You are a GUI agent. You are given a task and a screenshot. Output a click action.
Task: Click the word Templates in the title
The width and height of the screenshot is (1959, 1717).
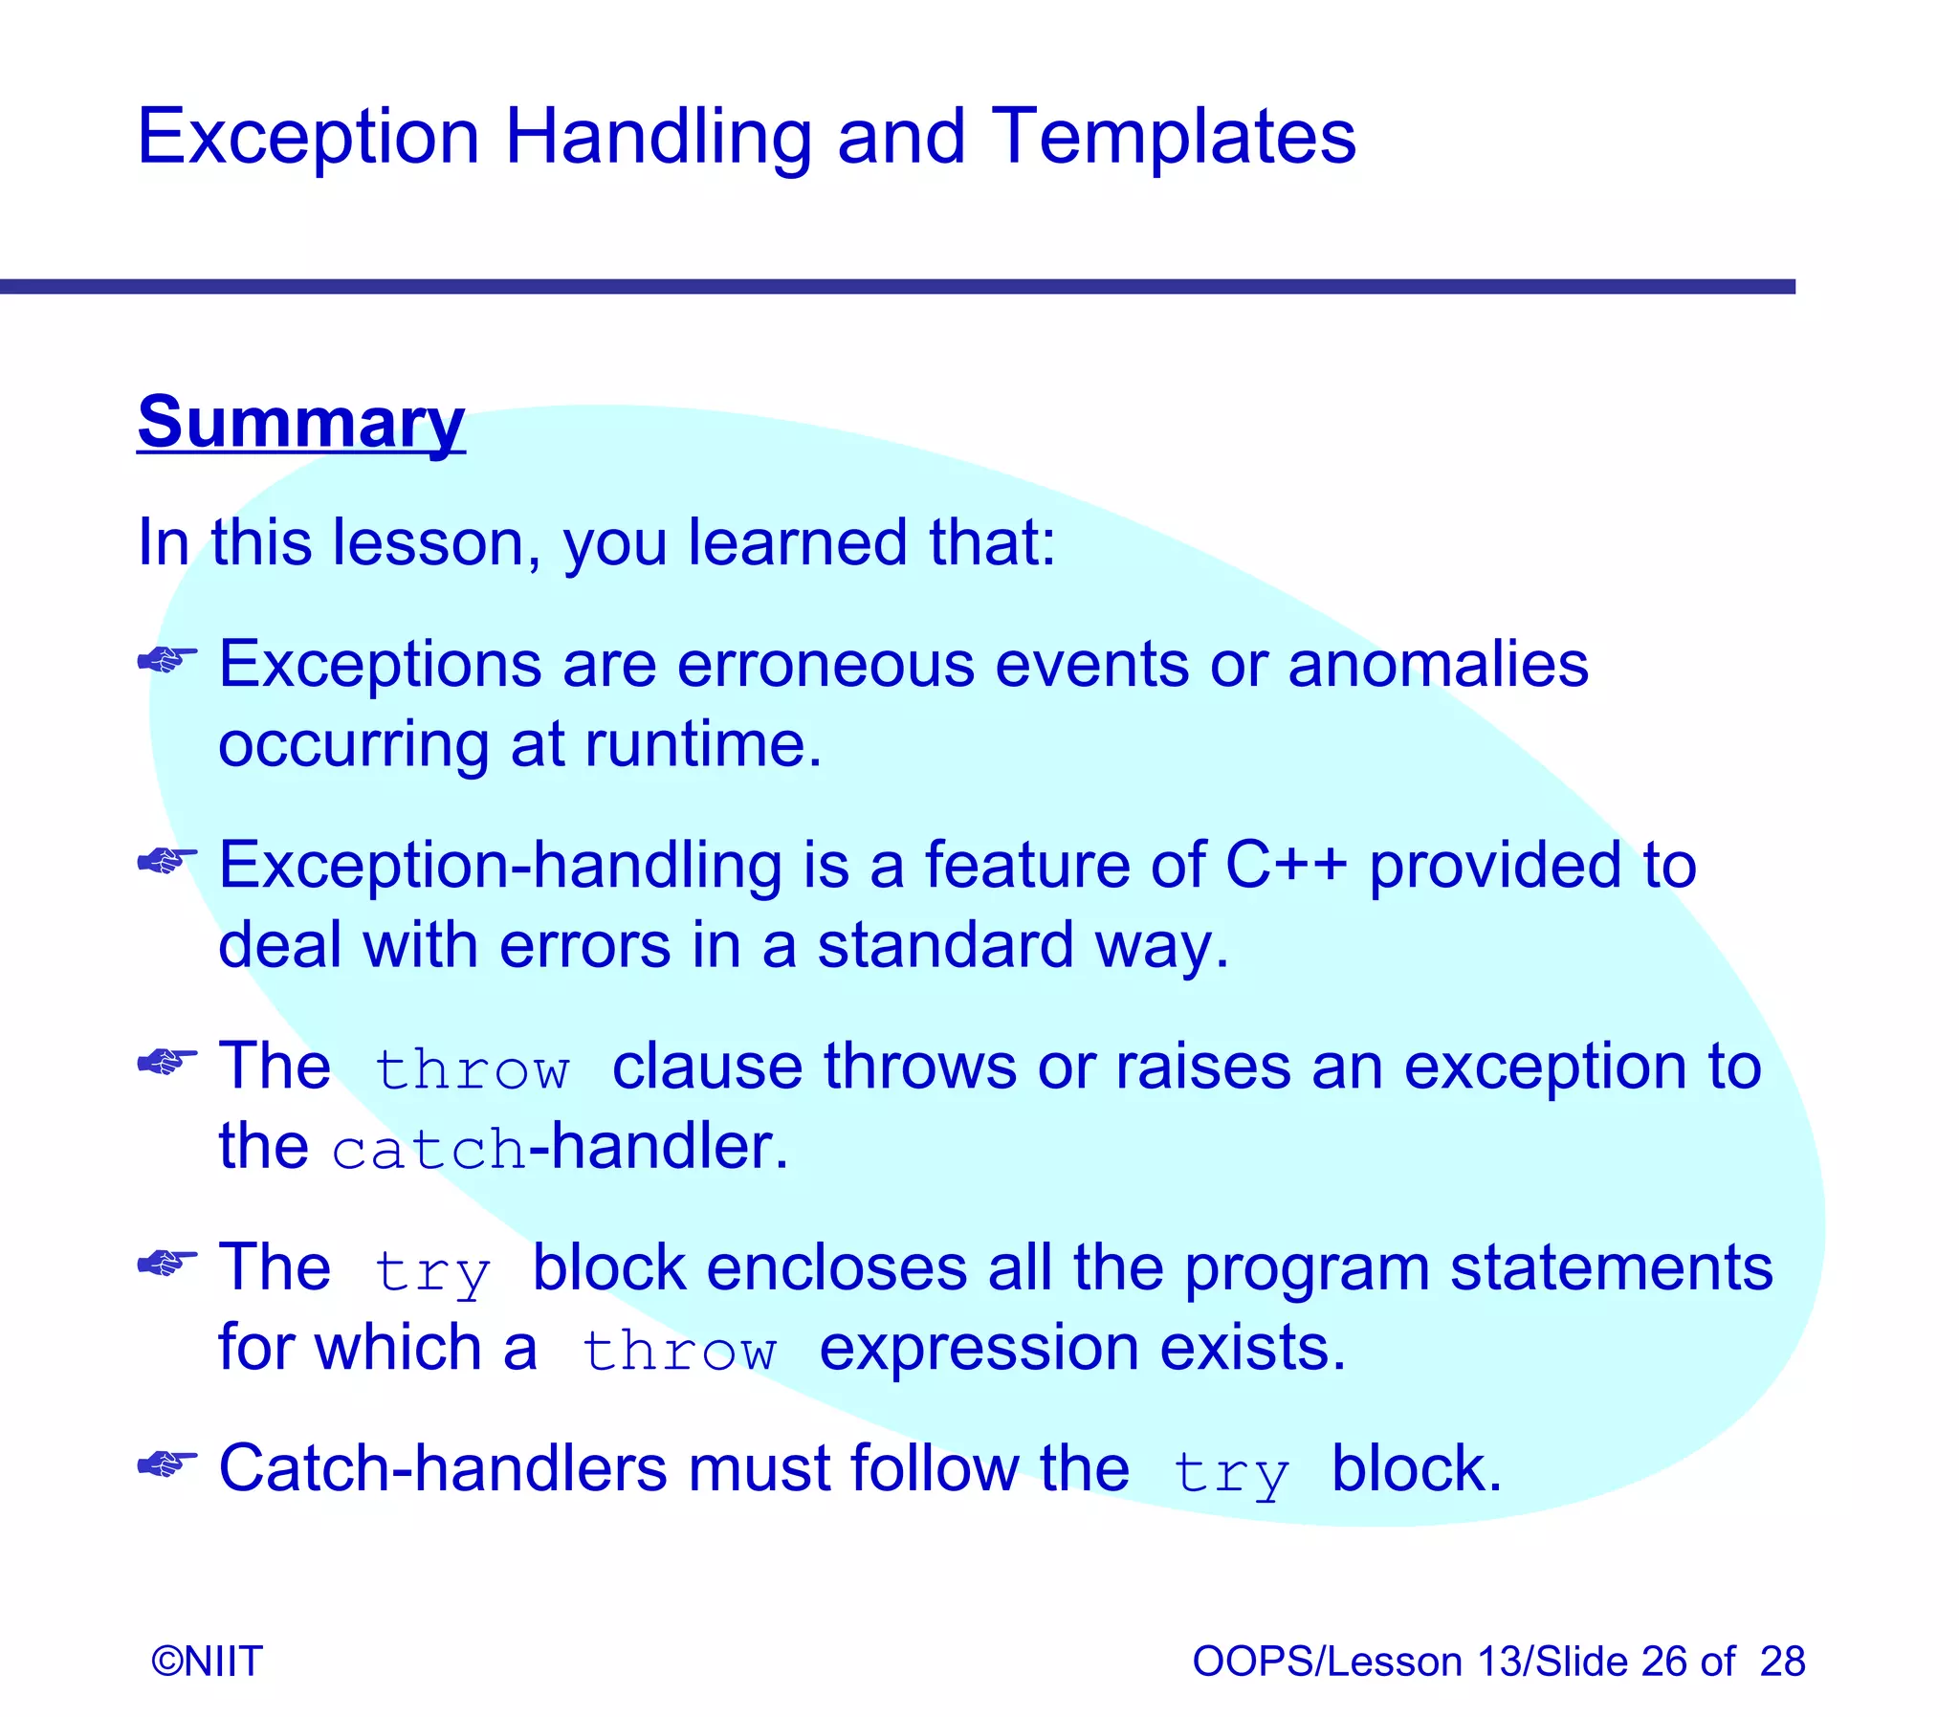(x=1173, y=137)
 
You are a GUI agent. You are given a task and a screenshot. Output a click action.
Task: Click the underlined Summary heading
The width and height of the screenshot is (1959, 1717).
(x=300, y=422)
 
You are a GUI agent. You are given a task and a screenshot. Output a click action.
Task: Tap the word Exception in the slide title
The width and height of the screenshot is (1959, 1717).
(x=307, y=137)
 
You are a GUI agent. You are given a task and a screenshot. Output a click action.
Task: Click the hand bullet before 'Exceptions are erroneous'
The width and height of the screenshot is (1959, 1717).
(x=167, y=660)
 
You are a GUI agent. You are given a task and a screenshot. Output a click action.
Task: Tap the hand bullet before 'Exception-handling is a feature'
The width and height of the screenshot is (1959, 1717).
(x=167, y=862)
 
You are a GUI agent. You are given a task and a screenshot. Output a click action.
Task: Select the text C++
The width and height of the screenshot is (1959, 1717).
(x=1286, y=865)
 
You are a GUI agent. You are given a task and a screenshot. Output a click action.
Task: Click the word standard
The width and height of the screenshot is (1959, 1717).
(x=944, y=945)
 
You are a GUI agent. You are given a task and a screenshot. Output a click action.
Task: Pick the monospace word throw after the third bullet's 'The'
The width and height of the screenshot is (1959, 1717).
(x=472, y=1069)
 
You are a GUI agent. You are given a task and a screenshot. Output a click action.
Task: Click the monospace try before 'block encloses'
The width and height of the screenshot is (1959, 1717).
(x=432, y=1272)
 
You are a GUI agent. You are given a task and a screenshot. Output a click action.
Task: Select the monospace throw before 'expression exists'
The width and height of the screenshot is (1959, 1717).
(x=678, y=1351)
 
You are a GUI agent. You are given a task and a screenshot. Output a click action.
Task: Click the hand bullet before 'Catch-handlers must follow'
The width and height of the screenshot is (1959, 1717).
(x=167, y=1464)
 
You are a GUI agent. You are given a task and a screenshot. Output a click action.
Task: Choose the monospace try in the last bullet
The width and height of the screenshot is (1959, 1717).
(x=1231, y=1474)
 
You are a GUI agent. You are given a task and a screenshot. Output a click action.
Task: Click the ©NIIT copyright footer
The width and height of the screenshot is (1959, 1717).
(x=207, y=1662)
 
